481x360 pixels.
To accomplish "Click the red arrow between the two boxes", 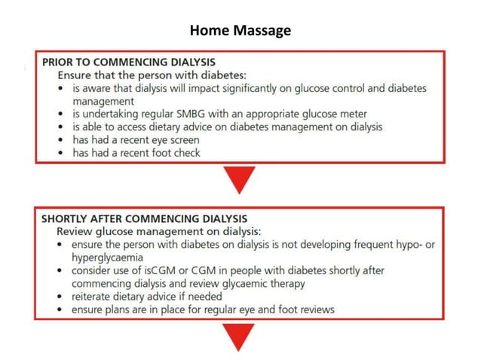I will tap(240, 180).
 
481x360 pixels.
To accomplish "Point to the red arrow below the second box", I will tap(240, 337).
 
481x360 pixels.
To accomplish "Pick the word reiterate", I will tap(95, 297).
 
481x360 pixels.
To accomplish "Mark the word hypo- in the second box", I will tap(408, 245).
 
